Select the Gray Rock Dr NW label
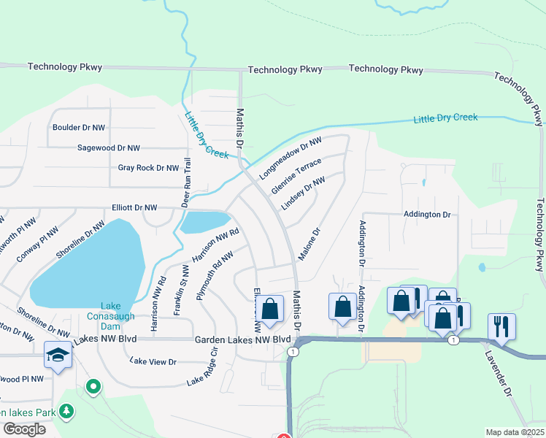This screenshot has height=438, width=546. pos(148,168)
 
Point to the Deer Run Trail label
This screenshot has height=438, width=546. pos(186,182)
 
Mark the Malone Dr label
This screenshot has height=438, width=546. pos(307,245)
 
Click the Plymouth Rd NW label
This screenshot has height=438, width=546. pos(215,276)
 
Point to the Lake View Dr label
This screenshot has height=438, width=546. pos(153,361)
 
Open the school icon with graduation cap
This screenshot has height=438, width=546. pos(58,355)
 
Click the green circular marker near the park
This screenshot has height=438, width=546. pos(93,386)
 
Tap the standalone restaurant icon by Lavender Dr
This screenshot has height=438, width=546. pos(501,326)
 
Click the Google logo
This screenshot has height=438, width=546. pos(24,429)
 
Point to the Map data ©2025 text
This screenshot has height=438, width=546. pos(515,432)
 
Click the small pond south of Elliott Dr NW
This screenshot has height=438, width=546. pos(205,222)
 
